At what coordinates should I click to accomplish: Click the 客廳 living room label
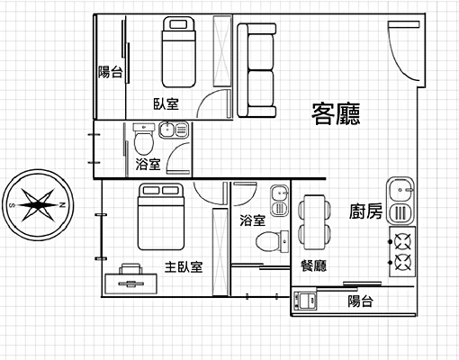336,113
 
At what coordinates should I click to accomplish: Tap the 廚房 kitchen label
365,211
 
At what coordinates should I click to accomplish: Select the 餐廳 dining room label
313,265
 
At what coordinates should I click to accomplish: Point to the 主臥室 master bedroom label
184,266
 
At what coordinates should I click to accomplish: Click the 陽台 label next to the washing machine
360,301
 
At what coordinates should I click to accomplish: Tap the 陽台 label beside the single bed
111,72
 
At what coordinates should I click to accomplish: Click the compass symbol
38,205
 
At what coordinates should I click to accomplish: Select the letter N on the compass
62,205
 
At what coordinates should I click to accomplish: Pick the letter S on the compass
13,205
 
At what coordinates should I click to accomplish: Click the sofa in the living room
256,70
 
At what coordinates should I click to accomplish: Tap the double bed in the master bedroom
161,217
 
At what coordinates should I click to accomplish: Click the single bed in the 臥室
178,52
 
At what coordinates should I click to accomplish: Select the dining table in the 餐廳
314,222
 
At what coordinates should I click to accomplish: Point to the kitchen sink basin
400,190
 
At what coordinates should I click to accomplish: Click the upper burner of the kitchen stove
402,241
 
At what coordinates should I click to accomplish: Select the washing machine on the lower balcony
305,301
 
